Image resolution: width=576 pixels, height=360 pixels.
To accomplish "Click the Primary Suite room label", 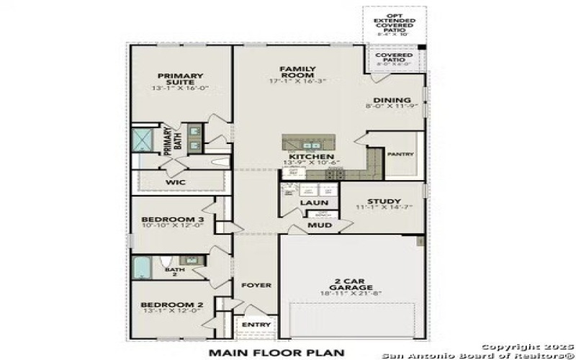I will tap(181, 79).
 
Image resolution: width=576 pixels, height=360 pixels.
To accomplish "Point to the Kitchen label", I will tap(311, 156).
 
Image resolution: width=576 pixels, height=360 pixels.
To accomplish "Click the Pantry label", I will tap(399, 154).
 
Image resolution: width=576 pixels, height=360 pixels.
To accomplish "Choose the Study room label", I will tap(384, 202).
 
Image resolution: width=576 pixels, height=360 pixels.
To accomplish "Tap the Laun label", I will tap(310, 203).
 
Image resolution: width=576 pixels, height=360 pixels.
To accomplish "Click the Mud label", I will tap(320, 225).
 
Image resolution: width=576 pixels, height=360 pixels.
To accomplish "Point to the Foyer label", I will tap(256, 286).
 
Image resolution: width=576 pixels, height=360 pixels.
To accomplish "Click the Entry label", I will tap(257, 325).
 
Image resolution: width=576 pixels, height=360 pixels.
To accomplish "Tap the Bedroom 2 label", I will tap(172, 305).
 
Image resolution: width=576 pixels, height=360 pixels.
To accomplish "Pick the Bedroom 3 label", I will tap(172, 220).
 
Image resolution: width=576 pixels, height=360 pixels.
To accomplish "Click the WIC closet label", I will tap(176, 182).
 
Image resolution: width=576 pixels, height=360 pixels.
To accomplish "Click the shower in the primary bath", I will tap(143, 140).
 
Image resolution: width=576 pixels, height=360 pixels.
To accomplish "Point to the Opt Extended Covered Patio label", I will tap(394, 24).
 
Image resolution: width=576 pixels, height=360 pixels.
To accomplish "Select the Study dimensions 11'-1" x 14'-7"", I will tap(384, 210).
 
